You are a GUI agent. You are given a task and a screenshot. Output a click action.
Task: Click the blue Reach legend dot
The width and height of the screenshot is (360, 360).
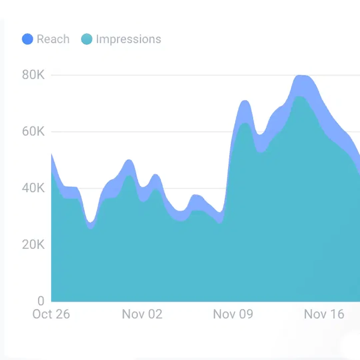tap(27, 39)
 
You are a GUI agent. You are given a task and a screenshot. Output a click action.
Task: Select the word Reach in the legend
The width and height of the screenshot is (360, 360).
tap(53, 39)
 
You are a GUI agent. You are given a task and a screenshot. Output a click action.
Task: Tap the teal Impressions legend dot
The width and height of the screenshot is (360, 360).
tap(87, 39)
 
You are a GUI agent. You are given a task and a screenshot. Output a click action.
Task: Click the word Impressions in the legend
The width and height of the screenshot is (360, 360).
tap(128, 39)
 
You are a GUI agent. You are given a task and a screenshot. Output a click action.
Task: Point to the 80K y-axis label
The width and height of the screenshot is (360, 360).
tap(33, 75)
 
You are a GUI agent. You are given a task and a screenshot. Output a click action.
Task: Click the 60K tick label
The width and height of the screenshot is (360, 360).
tap(33, 132)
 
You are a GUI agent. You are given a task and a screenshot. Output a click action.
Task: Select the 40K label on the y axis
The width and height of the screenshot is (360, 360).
tap(33, 188)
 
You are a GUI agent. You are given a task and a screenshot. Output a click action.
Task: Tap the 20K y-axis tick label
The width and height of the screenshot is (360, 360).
tap(33, 245)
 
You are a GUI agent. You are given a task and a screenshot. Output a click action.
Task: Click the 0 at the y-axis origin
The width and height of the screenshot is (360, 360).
tap(41, 301)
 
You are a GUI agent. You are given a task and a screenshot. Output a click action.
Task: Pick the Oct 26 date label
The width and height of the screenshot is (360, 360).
tap(51, 314)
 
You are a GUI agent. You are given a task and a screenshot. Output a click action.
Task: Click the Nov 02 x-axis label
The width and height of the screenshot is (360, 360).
tap(142, 314)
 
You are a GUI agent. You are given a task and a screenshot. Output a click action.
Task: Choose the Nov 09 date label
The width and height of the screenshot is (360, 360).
tap(233, 314)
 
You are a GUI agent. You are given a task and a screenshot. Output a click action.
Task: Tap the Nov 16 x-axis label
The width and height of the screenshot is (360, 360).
tap(324, 314)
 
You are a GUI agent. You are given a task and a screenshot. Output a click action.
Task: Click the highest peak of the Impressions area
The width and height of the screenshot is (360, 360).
tap(300, 97)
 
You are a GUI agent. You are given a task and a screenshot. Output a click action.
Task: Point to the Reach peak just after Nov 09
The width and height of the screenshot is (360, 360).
tap(245, 101)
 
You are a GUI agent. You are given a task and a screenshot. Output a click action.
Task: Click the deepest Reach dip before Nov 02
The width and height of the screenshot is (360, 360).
tap(90, 222)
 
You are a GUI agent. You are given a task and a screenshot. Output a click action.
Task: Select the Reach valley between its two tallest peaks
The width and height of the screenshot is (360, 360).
tap(261, 135)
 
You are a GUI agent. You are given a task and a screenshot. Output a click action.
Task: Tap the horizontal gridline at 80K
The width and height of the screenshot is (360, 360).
tap(167, 75)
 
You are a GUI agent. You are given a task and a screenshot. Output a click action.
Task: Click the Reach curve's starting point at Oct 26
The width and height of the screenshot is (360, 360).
tap(52, 154)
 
